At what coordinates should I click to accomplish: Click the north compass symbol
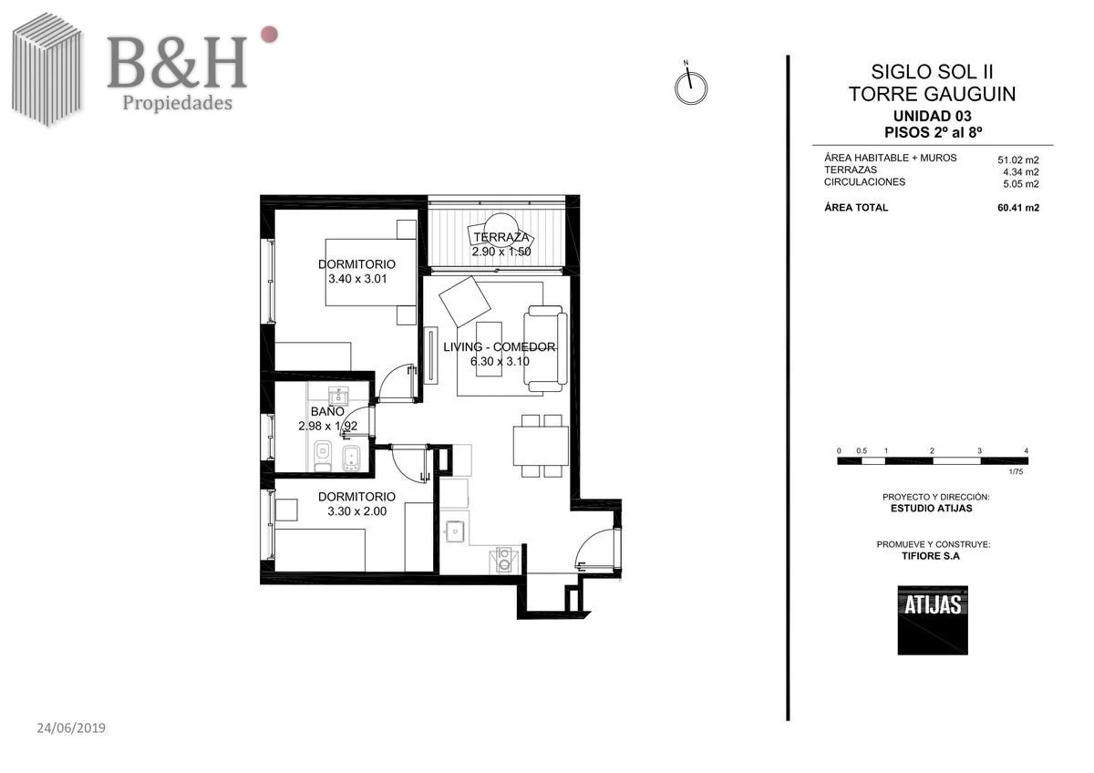tap(691, 88)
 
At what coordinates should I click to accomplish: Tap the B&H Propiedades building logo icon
tap(47, 70)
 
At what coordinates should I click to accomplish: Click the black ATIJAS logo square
tap(933, 620)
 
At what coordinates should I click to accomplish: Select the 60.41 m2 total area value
tap(1018, 208)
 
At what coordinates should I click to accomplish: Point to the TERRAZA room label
tap(501, 237)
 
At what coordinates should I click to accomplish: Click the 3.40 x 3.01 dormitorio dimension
tap(357, 279)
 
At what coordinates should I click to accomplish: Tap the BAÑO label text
tap(327, 411)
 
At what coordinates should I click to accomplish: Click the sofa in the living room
tap(545, 348)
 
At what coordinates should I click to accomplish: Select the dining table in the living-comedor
tap(541, 446)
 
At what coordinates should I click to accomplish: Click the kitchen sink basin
tap(455, 531)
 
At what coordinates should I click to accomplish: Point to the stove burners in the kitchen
tap(504, 560)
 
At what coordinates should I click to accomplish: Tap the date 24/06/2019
tap(71, 728)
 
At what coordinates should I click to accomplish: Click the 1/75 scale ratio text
tap(1016, 471)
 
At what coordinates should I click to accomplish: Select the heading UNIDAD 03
tap(933, 116)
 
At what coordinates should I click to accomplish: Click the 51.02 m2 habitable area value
tap(1017, 160)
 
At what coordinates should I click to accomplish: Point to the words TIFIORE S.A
tap(931, 556)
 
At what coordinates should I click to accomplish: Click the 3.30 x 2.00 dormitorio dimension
tap(357, 511)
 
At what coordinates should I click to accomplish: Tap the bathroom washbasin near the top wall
tap(338, 395)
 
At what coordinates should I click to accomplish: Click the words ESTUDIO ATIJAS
tap(932, 509)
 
